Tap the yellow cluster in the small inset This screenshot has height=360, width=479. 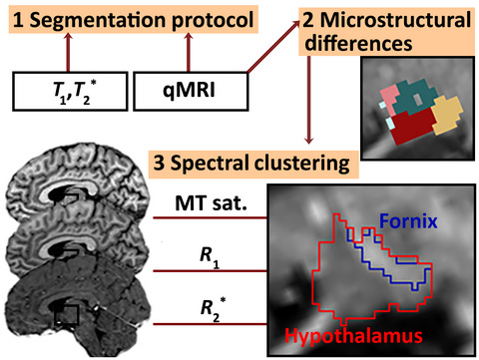pyautogui.click(x=445, y=113)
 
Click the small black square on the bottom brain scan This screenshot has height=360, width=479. pyautogui.click(x=68, y=316)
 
